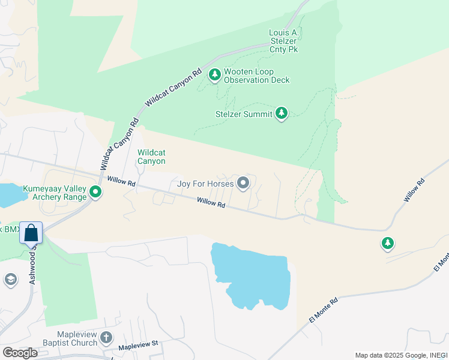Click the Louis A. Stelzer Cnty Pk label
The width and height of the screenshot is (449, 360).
coord(284,40)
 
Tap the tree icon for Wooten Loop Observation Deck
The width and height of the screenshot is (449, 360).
coord(215,75)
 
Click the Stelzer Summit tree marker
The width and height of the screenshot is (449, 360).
coord(282,113)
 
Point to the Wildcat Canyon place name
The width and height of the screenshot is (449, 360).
coord(151,157)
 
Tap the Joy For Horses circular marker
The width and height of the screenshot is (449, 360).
coord(243,183)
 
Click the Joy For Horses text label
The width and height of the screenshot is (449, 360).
coord(205,184)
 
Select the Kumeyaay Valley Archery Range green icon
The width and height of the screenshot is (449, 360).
coord(95,193)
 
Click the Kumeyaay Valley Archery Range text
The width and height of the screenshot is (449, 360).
coord(55,193)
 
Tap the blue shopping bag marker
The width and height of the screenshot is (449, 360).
coord(31,232)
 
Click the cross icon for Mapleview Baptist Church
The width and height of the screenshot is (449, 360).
coord(106,338)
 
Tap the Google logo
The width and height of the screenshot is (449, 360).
coord(20,352)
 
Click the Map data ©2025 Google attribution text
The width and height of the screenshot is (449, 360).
coord(400,355)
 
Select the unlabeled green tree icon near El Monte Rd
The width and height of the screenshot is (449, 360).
coord(388,243)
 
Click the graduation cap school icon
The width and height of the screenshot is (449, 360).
coord(10,280)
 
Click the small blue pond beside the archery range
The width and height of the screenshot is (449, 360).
coord(7,195)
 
